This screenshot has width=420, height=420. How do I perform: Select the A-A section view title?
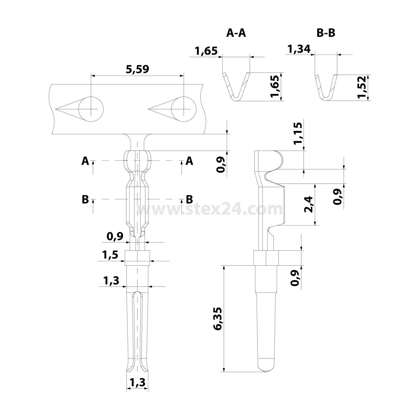(x=236, y=33)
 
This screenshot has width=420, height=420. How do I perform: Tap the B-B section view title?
(x=326, y=33)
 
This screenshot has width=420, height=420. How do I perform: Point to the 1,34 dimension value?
(x=299, y=49)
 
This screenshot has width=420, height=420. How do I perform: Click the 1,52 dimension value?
(x=362, y=87)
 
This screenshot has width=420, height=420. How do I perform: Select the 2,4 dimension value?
(x=309, y=204)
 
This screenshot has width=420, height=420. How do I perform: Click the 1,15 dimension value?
(x=298, y=133)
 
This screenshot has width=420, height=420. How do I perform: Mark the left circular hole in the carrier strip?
(x=91, y=109)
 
